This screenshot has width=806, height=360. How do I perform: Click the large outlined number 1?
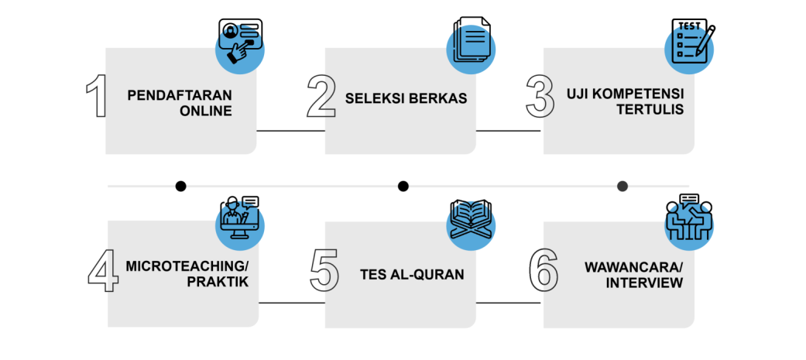click(96, 97)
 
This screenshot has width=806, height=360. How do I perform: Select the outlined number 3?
click(540, 97)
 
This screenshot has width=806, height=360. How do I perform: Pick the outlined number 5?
click(324, 270)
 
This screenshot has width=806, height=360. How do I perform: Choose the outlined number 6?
click(544, 270)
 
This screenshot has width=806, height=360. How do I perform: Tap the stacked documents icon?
click(469, 42)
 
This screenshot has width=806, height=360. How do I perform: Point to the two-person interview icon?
click(689, 216)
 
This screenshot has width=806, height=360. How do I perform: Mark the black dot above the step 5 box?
click(403, 186)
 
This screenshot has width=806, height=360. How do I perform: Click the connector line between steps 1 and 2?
click(290, 131)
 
